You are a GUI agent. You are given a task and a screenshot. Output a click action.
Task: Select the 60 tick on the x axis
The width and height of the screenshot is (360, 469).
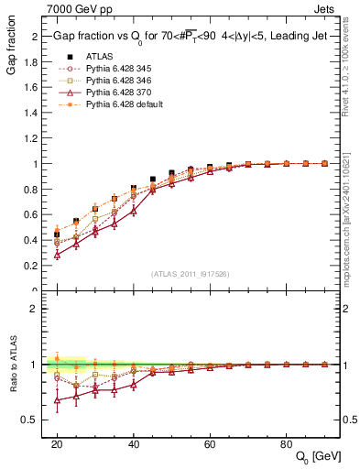(209, 443)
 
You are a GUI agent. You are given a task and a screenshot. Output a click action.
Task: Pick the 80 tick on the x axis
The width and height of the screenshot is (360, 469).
(286, 443)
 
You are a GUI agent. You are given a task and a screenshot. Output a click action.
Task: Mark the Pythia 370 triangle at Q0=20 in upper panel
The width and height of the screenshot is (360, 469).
(57, 255)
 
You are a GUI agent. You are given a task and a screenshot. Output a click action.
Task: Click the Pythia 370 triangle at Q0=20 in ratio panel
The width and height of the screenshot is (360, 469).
(57, 399)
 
